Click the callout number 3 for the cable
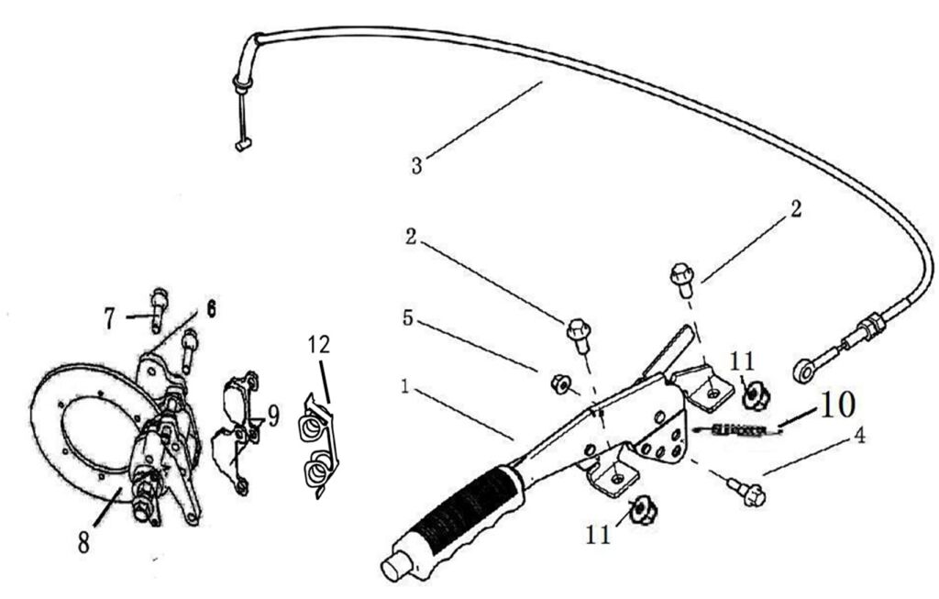417,165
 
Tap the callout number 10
836,405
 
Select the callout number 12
319,344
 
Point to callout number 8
83,543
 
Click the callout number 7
108,318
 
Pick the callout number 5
407,317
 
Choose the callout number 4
859,437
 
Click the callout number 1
405,387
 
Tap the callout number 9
273,416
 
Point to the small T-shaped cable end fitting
241,146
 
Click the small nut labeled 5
560,384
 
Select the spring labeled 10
736,428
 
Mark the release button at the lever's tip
395,566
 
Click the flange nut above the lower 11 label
644,511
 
